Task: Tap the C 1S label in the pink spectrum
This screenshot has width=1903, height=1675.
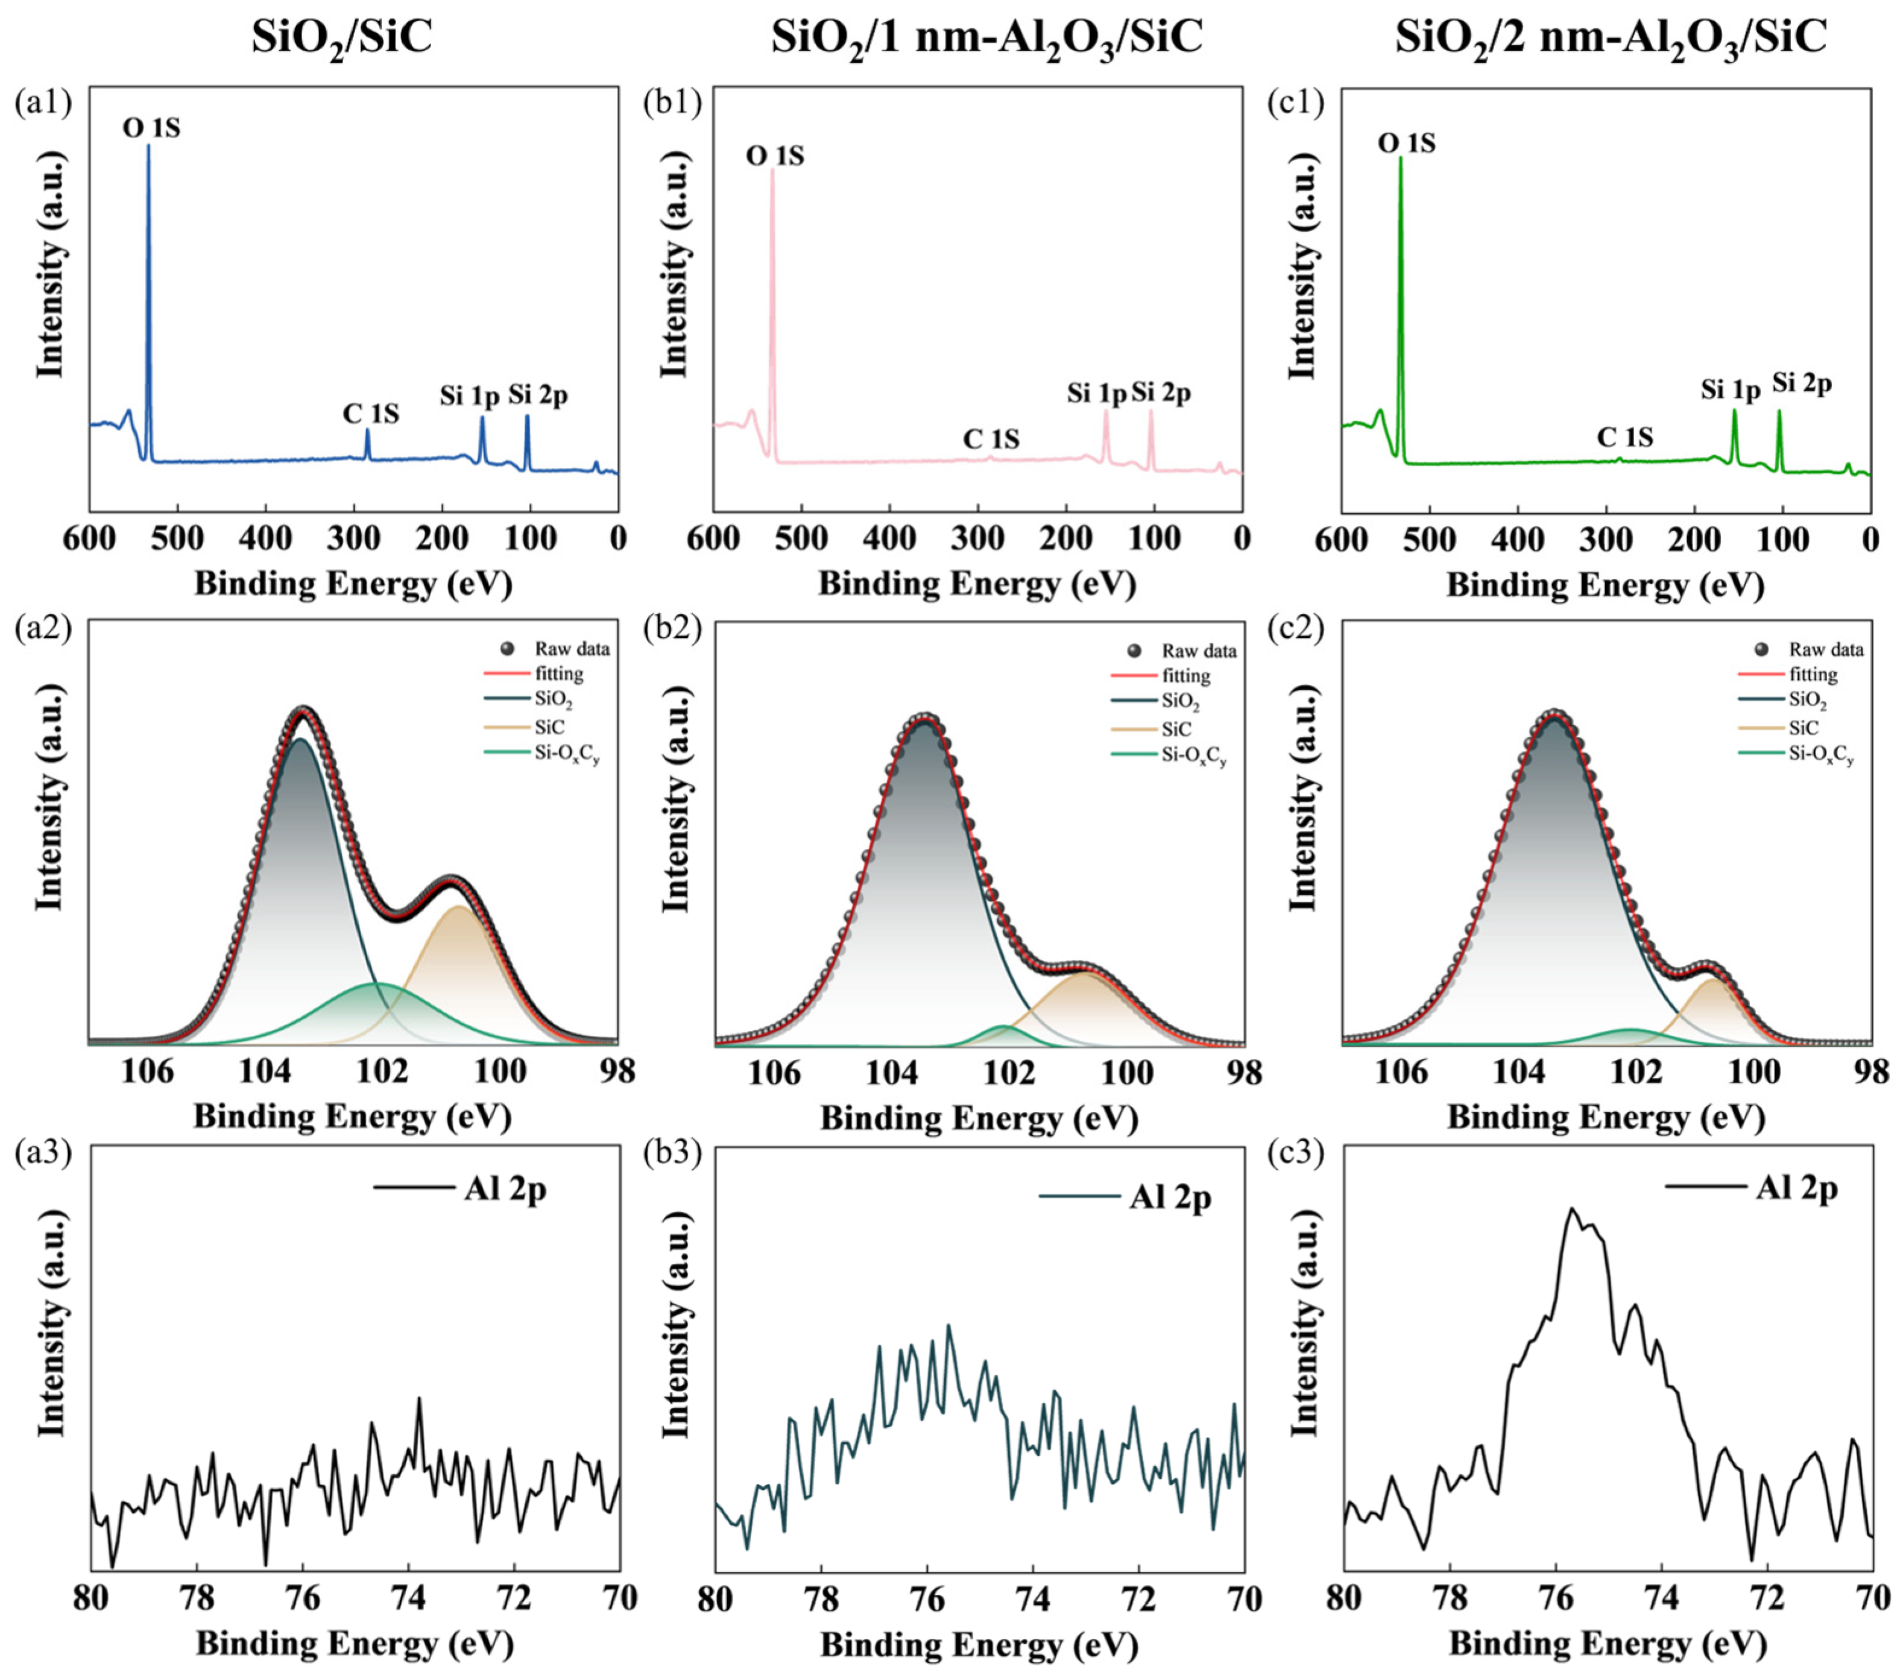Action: click(x=991, y=438)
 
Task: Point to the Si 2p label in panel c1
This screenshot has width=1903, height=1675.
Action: click(x=1802, y=383)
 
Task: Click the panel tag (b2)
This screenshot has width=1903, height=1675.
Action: click(x=671, y=629)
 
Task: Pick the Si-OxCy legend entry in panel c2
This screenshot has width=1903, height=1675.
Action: click(x=1821, y=755)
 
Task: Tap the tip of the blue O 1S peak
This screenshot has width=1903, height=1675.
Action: click(x=148, y=145)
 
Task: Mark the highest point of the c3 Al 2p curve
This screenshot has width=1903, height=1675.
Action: click(x=1573, y=1208)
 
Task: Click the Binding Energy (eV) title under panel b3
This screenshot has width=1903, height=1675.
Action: click(x=979, y=1644)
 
